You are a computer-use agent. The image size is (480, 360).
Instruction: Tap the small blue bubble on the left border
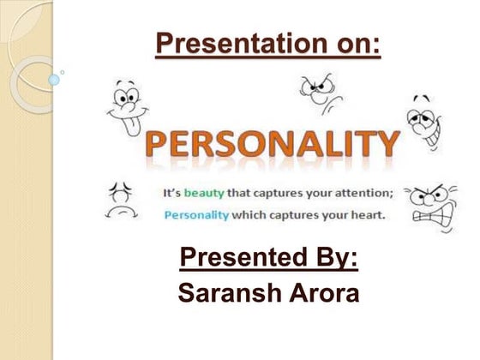click(54, 80)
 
